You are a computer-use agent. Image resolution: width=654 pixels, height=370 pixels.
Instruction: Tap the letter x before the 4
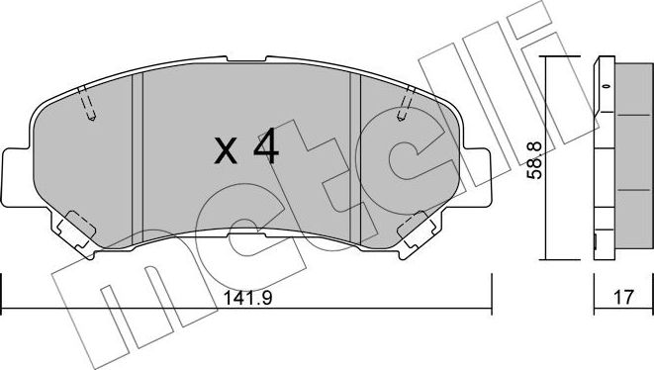[226, 151]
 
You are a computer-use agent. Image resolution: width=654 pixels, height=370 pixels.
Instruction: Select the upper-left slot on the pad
[86, 105]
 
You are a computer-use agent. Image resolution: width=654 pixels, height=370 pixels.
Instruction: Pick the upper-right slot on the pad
[407, 105]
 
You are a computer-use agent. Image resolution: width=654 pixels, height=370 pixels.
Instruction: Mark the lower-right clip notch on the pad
[416, 229]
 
